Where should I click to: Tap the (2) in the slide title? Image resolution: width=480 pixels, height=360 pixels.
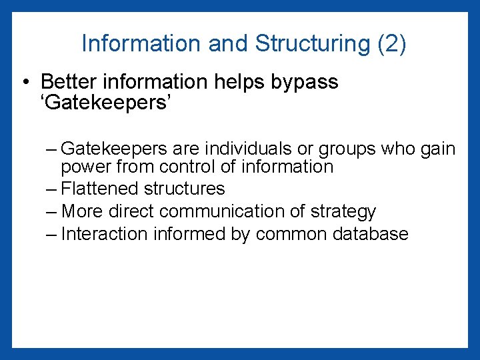click(x=391, y=44)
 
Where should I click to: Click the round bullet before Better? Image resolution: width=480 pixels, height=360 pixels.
click(x=25, y=83)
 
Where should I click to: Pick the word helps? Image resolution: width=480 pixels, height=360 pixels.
click(x=238, y=83)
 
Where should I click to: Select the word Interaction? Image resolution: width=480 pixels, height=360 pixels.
click(x=103, y=234)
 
